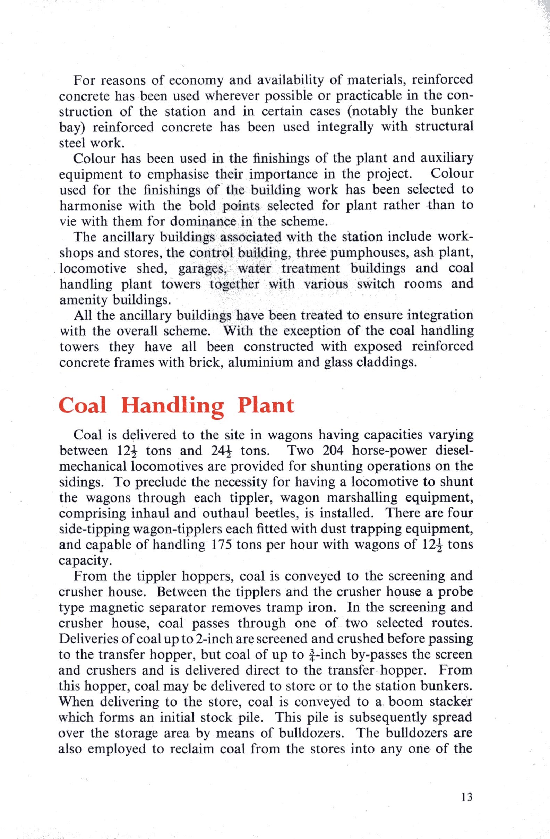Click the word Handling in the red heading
pos(172,406)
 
